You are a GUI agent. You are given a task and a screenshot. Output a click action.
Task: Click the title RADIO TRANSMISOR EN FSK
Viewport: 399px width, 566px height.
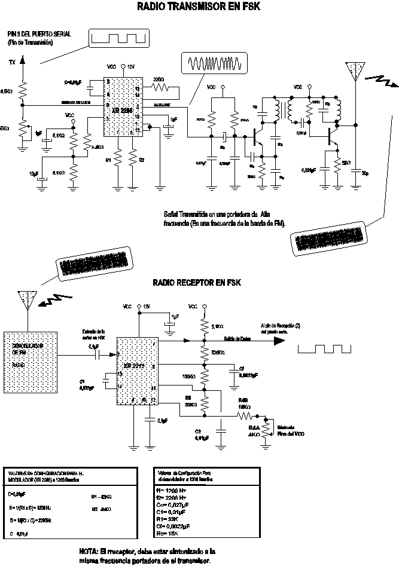tap(199, 7)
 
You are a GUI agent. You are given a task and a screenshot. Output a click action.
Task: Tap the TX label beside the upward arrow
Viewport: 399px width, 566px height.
tap(13, 62)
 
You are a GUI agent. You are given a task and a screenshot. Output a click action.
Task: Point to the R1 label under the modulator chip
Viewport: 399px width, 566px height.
tap(108, 160)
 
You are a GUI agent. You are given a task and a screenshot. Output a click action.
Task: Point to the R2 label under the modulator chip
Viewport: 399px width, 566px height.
tap(142, 160)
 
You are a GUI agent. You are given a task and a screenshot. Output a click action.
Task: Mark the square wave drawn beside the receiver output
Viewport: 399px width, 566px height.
tap(323, 348)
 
